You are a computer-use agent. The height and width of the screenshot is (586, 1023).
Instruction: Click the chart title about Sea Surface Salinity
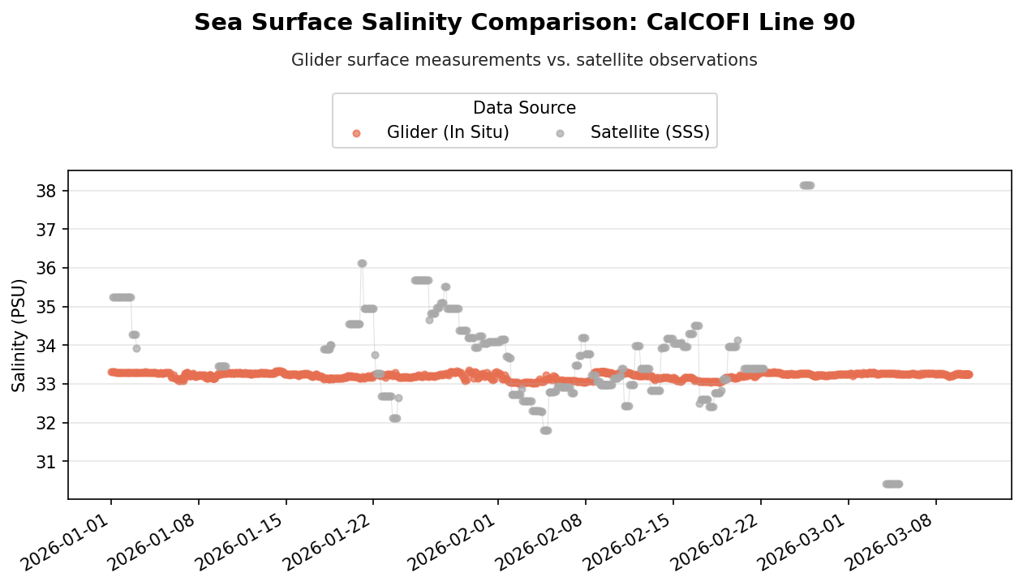click(x=524, y=22)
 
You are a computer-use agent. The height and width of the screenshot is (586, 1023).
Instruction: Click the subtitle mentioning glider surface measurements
click(x=524, y=60)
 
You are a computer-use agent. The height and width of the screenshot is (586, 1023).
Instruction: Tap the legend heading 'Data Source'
click(x=524, y=108)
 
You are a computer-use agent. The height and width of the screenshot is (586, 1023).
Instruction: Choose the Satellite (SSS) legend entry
click(x=633, y=132)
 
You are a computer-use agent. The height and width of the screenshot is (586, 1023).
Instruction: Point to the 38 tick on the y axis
click(x=46, y=191)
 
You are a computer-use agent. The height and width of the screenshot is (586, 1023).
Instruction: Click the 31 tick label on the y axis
click(x=46, y=462)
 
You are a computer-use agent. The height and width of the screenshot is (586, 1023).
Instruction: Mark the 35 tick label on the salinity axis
click(x=46, y=307)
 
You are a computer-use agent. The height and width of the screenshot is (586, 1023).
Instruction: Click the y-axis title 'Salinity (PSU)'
click(x=19, y=335)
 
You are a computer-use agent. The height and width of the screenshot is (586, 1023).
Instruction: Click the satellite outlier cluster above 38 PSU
click(x=807, y=185)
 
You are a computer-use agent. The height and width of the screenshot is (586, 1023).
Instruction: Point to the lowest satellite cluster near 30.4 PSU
click(x=892, y=484)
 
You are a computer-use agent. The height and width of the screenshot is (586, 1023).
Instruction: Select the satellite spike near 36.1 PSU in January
click(x=362, y=263)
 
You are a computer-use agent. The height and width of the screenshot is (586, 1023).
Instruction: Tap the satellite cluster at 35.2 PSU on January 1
click(x=122, y=297)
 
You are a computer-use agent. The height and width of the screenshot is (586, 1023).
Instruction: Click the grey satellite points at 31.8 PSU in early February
click(x=546, y=430)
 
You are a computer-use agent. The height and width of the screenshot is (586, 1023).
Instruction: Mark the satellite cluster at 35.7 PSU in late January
click(x=422, y=280)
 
